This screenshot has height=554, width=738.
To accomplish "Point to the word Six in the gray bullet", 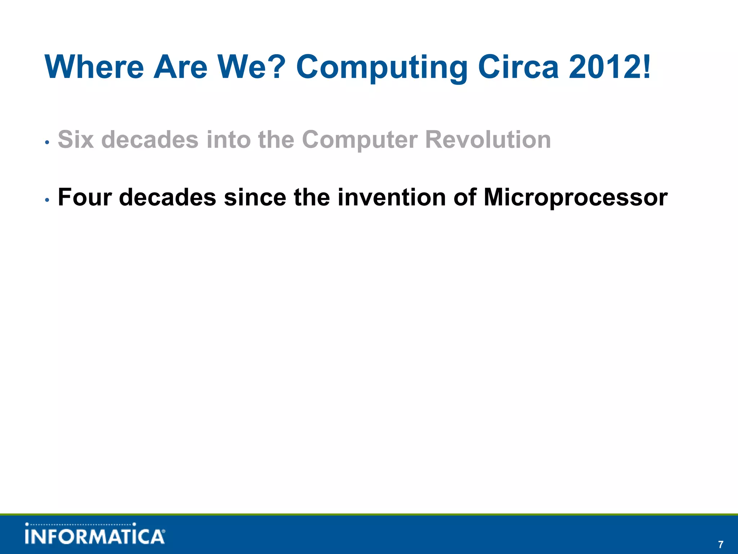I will pos(76,140).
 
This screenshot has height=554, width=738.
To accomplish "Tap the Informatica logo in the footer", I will pos(95,534).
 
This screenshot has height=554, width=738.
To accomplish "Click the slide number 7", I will pos(720,544).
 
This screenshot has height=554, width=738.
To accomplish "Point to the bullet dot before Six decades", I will pos(47,142).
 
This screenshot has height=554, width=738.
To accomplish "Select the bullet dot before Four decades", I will pos(47,201).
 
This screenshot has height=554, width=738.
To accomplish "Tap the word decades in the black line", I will pos(167,198).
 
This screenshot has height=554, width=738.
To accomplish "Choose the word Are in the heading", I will pos(180,67).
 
